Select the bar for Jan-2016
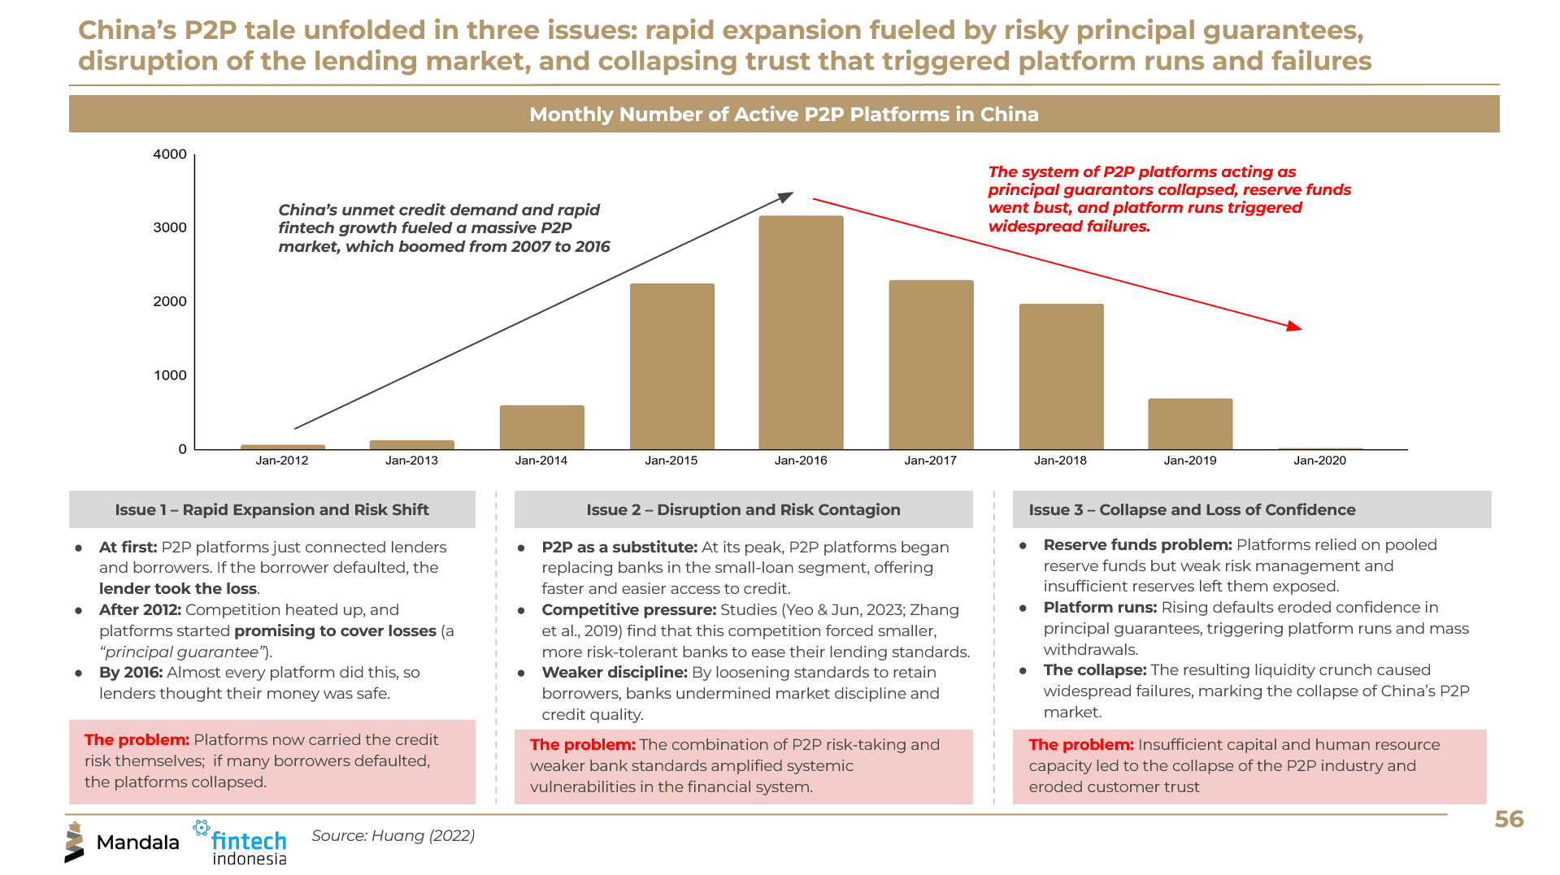801,332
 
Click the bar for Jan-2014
541,427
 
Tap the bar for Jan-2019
1190,423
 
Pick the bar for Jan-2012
283,447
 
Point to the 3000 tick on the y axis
170,227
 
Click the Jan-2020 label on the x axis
1319,461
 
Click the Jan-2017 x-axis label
930,461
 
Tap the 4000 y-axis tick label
170,154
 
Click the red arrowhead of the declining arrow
1295,327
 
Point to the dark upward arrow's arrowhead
786,197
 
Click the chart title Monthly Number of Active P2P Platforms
784,115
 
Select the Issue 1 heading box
272,509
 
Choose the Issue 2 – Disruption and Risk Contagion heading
743,509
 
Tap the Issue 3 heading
1192,509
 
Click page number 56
1509,819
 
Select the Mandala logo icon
74,843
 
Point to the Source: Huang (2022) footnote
393,835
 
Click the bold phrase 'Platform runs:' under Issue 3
1100,608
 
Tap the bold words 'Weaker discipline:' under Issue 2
615,673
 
